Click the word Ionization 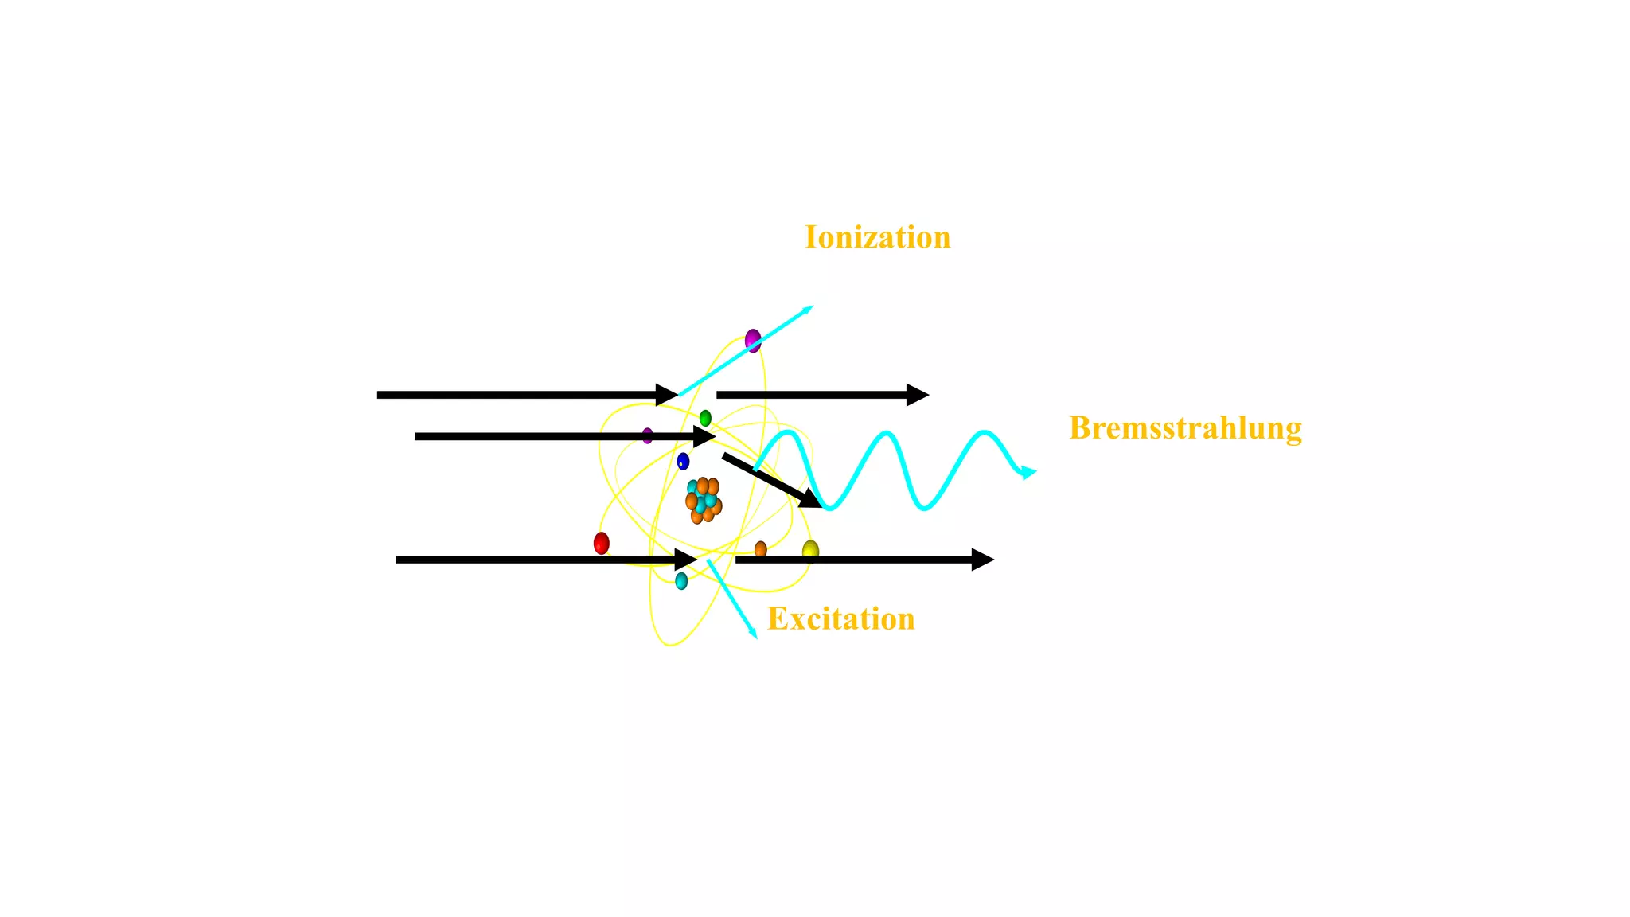point(877,237)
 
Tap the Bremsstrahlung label point(1185,428)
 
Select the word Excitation point(840,619)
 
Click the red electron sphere point(602,544)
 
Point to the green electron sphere point(705,418)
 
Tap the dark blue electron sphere point(683,461)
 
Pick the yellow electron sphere point(810,550)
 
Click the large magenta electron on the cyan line point(753,341)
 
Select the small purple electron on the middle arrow point(647,435)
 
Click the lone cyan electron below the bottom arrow point(681,581)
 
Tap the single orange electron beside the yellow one point(760,549)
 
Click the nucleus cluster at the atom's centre point(703,500)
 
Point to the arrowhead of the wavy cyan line point(1028,473)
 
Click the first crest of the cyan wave point(785,433)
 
